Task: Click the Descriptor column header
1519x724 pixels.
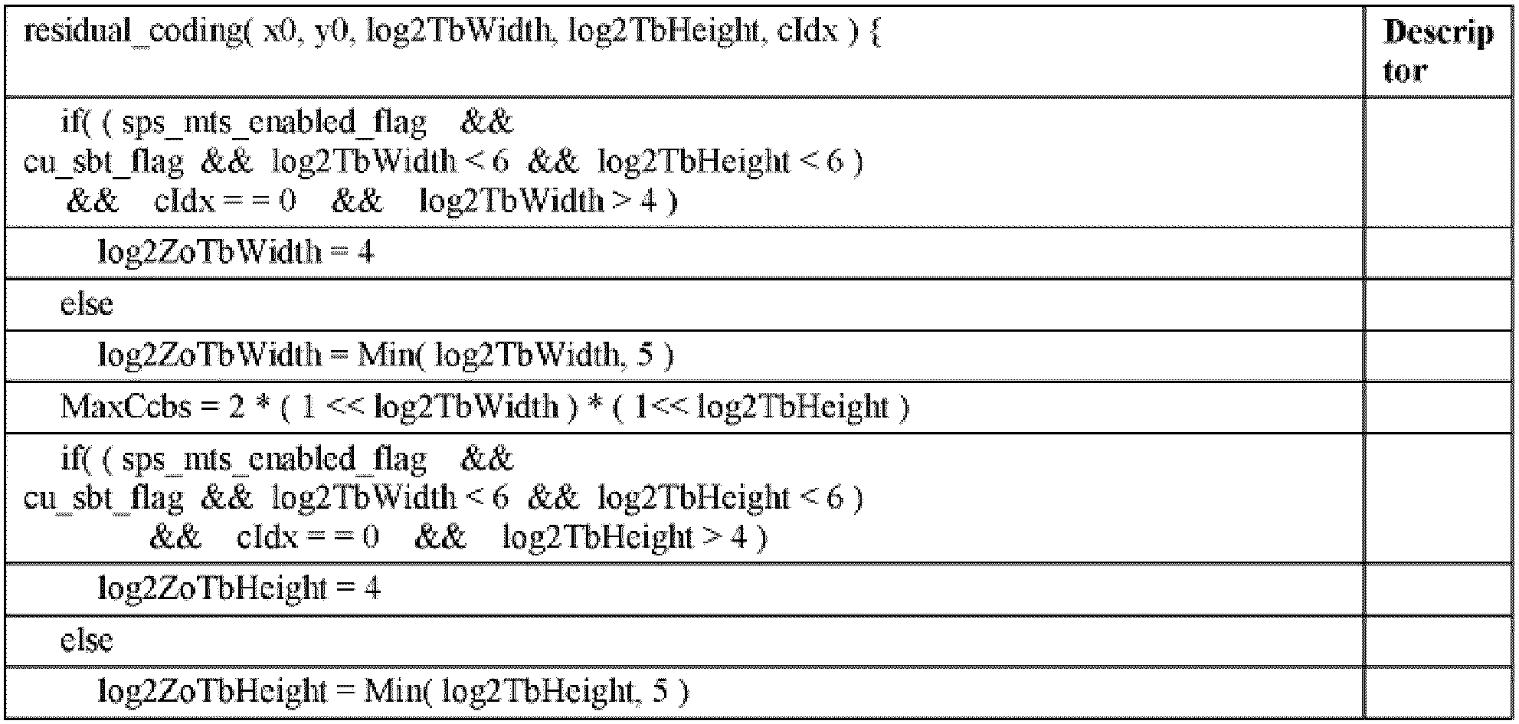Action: tap(1438, 51)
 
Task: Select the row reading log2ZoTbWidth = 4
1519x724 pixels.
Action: tap(236, 252)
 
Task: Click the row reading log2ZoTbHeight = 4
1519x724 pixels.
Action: tap(239, 588)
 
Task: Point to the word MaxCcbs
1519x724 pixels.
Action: tap(126, 406)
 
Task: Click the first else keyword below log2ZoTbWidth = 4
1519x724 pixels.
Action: tap(87, 304)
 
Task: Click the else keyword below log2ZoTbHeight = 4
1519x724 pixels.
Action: tap(87, 640)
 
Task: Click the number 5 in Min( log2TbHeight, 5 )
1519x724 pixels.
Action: tap(660, 691)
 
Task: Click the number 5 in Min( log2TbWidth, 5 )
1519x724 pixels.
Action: tap(645, 355)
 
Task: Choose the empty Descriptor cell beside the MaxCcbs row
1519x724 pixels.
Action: tap(1438, 406)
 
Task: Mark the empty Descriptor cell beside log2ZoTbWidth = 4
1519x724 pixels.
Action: tap(1438, 252)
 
